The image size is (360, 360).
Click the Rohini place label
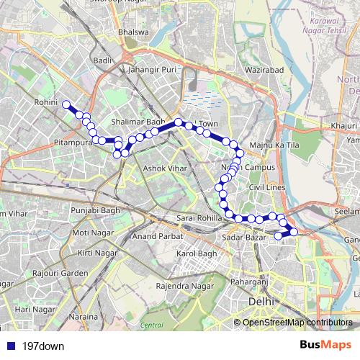[x=45, y=104]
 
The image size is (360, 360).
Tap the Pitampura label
[x=73, y=144]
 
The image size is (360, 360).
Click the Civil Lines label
[x=266, y=188]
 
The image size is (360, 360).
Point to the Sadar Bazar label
[x=240, y=236]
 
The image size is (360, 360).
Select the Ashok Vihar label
[x=165, y=168]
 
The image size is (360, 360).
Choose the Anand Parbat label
[x=155, y=236]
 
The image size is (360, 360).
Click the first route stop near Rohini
[x=66, y=105]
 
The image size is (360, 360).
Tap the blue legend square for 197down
[x=9, y=346]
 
